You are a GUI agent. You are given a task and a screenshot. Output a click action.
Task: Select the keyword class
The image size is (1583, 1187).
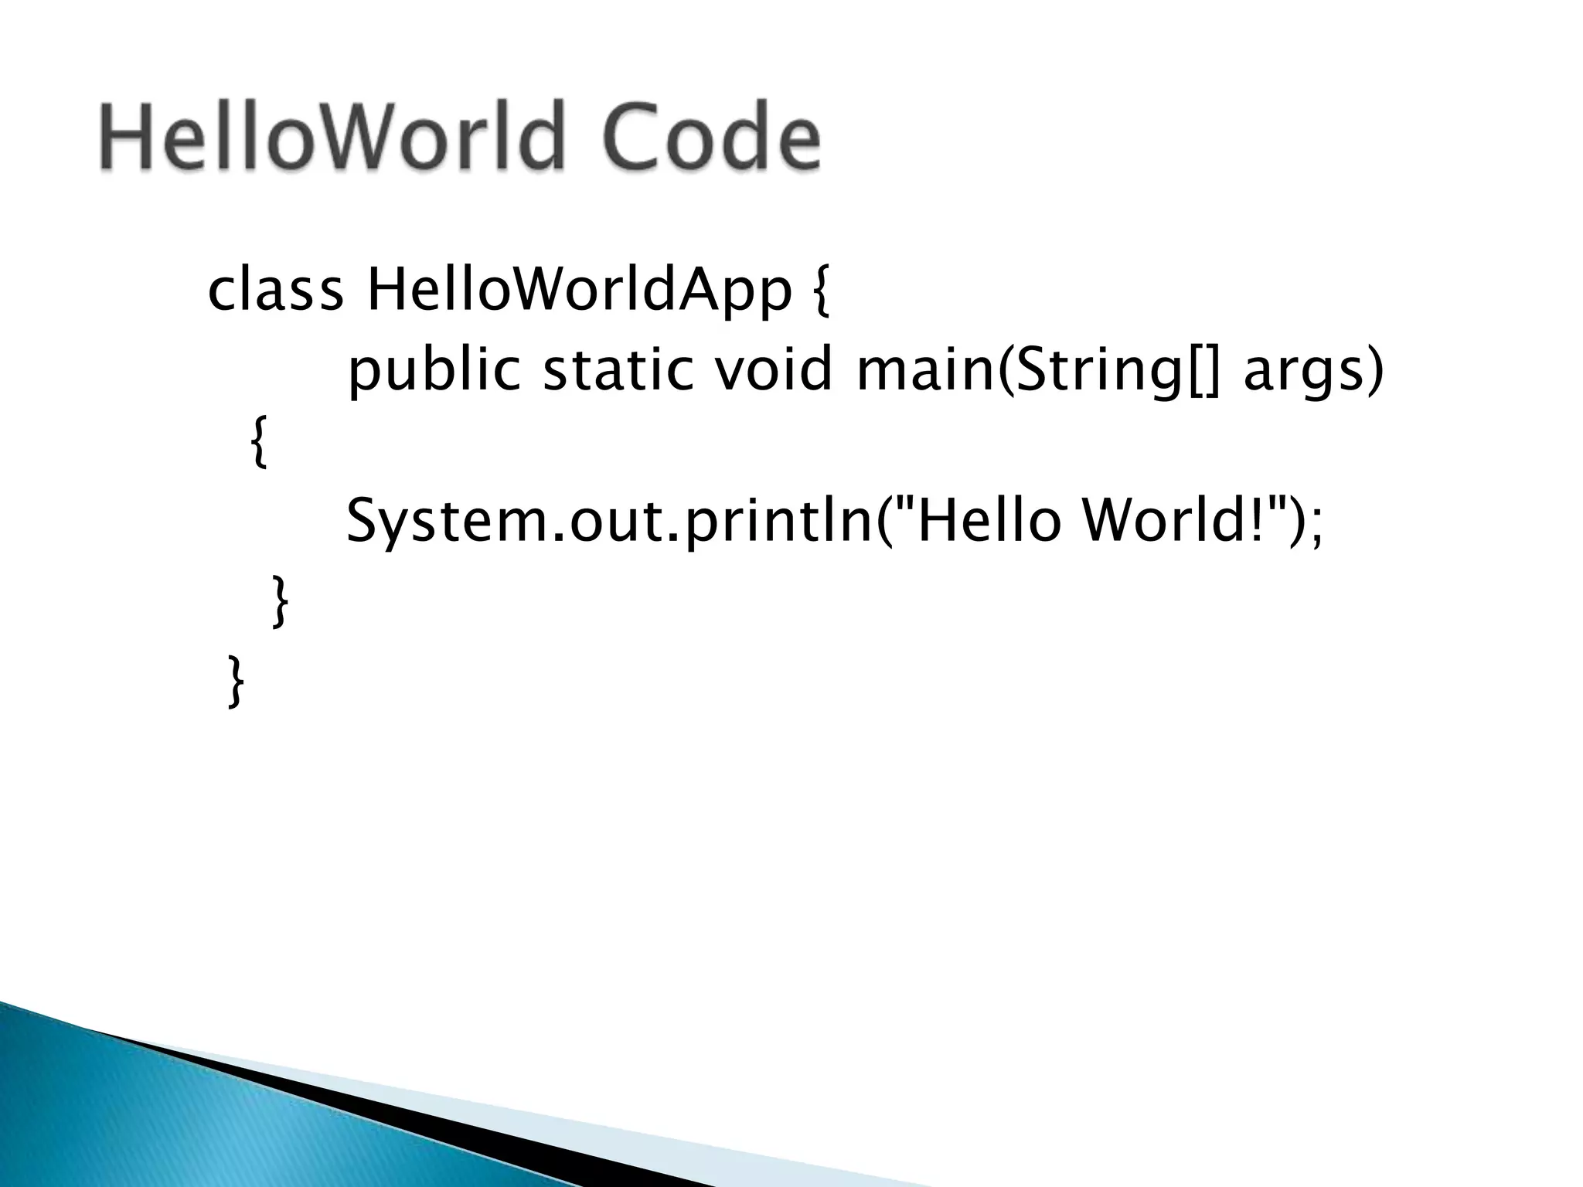(275, 291)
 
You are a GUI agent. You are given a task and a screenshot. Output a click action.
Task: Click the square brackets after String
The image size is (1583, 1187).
(1202, 372)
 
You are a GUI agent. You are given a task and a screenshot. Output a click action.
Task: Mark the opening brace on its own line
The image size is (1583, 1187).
(260, 441)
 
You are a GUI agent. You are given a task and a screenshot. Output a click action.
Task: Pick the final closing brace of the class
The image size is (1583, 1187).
(236, 680)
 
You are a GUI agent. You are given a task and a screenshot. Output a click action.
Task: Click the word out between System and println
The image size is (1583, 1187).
(614, 521)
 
